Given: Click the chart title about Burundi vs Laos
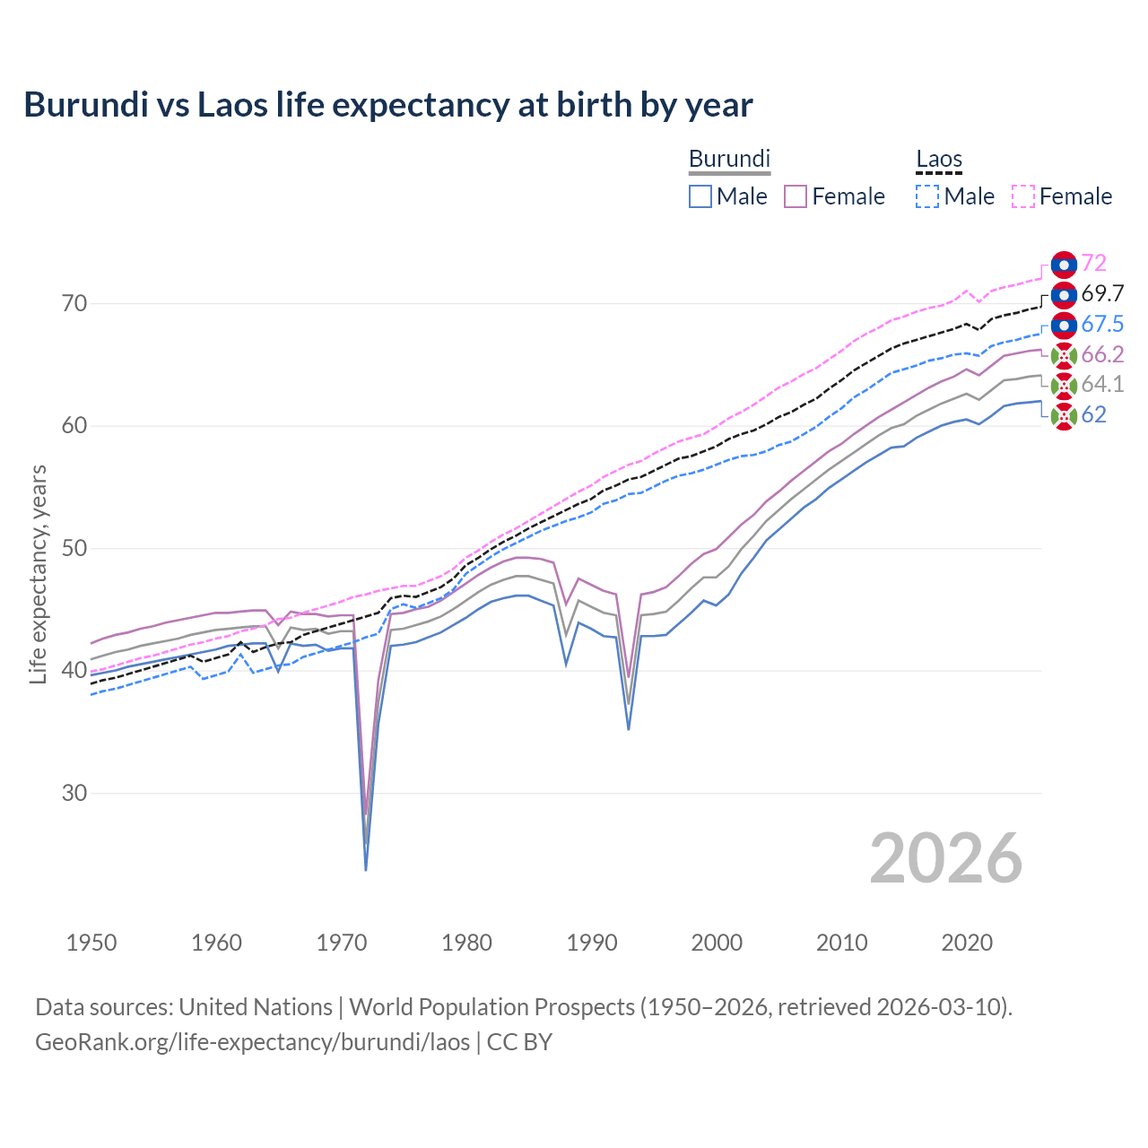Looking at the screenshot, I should click(387, 105).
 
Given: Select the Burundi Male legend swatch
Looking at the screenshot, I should click(700, 196).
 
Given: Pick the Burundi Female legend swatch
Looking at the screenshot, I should click(796, 196).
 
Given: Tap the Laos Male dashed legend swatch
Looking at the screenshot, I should click(927, 196).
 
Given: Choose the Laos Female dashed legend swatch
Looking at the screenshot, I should click(1023, 196).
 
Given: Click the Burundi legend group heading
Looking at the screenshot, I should click(729, 159).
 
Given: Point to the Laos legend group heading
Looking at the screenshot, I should click(939, 159).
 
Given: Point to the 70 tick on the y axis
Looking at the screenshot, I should click(74, 303).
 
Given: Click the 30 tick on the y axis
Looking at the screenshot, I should click(74, 793).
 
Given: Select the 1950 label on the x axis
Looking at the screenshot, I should click(91, 943).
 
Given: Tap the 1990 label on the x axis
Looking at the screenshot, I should click(592, 943).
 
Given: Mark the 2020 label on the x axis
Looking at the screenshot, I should click(967, 943).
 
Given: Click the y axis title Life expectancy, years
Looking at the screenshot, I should click(38, 574).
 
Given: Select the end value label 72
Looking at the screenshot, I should click(1093, 263).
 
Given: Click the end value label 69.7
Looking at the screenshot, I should click(1102, 293).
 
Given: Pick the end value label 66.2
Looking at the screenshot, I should click(1102, 354).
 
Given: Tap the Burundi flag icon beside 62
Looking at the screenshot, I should click(1064, 415).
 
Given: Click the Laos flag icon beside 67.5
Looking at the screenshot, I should click(1064, 325).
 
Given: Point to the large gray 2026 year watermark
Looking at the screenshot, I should click(945, 858).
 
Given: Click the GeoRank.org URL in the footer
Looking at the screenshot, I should click(252, 1041).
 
